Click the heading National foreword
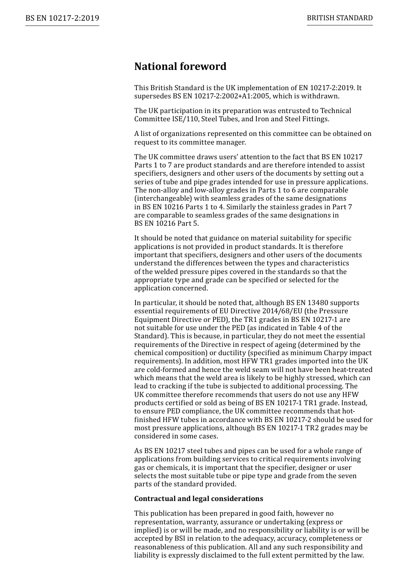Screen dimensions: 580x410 tap(180, 66)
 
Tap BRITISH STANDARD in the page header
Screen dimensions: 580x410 tap(340, 18)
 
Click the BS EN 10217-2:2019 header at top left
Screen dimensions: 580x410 tap(62, 18)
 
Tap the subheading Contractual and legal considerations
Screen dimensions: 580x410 tap(199, 499)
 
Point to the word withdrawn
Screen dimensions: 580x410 tap(320, 96)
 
